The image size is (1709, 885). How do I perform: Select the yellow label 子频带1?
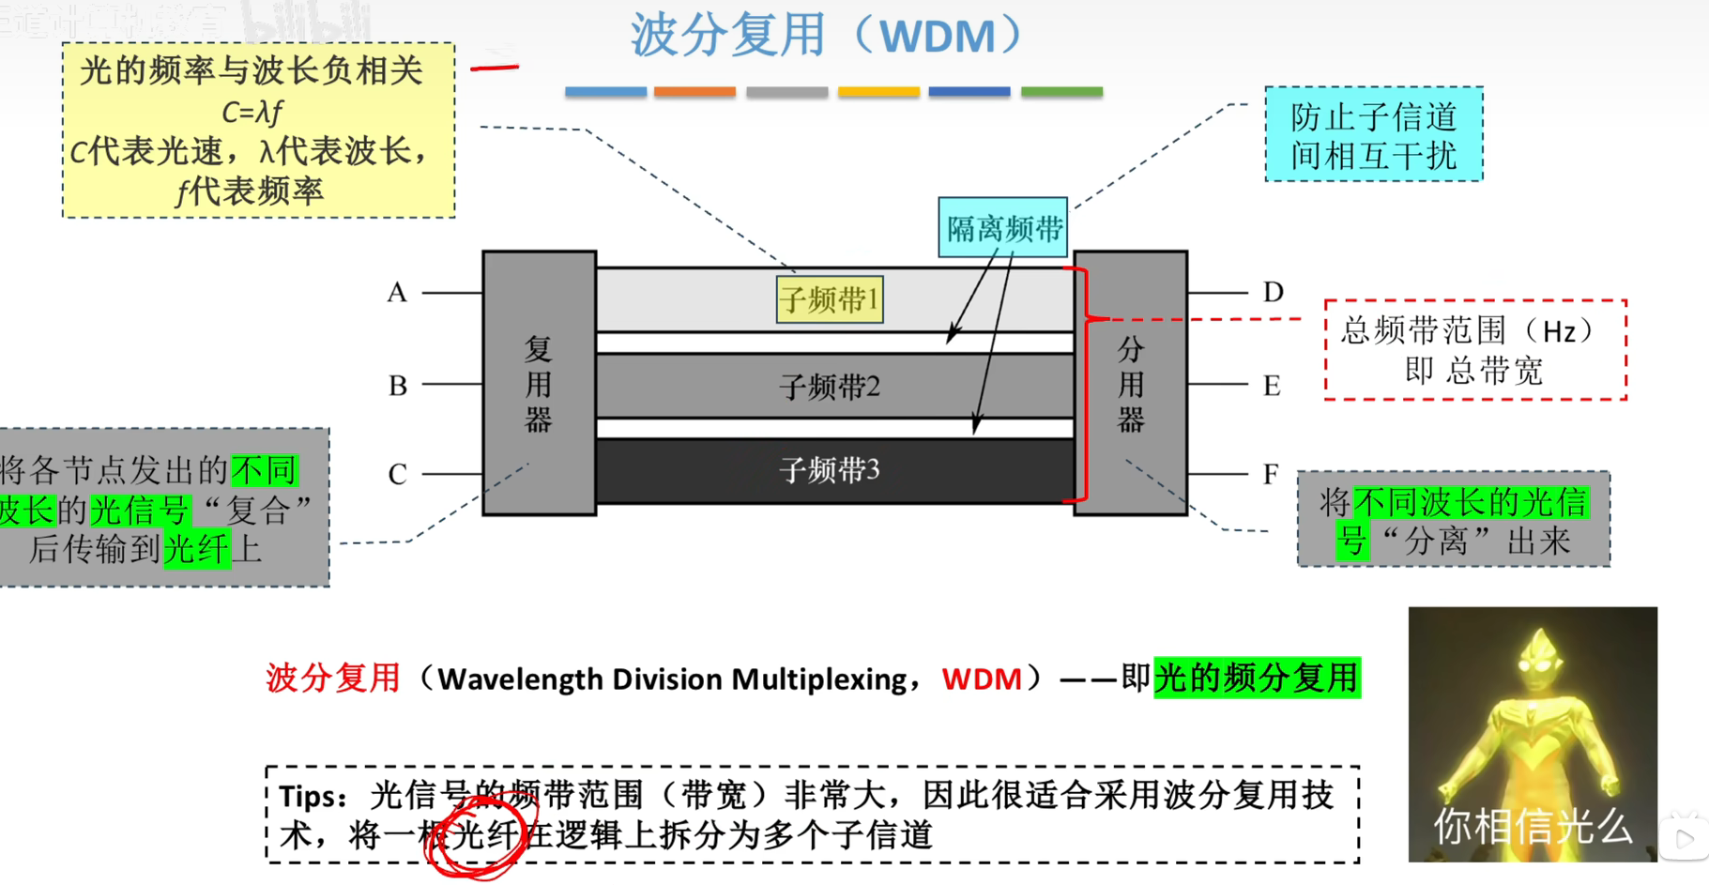pyautogui.click(x=830, y=300)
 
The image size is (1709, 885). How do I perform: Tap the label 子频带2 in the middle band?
pyautogui.click(x=830, y=387)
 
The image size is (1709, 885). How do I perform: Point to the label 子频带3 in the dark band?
pyautogui.click(x=830, y=470)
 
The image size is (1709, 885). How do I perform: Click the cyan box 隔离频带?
pyautogui.click(x=1003, y=228)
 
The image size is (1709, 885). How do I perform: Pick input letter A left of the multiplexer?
pyautogui.click(x=397, y=293)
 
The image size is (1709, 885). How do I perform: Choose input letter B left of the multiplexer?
pyautogui.click(x=397, y=386)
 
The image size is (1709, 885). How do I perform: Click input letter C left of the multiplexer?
pyautogui.click(x=397, y=474)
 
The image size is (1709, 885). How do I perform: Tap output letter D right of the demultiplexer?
pyautogui.click(x=1273, y=292)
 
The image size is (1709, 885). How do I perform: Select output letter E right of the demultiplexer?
pyautogui.click(x=1272, y=386)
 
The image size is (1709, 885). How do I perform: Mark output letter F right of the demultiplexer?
pyautogui.click(x=1271, y=474)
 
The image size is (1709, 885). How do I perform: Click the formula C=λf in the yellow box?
pyautogui.click(x=252, y=113)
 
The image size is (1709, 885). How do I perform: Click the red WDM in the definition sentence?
pyautogui.click(x=982, y=679)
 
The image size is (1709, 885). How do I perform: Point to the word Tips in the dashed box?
pyautogui.click(x=313, y=797)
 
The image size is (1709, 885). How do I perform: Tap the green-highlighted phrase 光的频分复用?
pyautogui.click(x=1257, y=678)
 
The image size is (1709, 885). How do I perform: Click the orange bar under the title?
pyautogui.click(x=694, y=92)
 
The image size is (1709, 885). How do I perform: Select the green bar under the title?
pyautogui.click(x=1061, y=92)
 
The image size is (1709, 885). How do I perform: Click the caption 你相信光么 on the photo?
pyautogui.click(x=1532, y=826)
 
